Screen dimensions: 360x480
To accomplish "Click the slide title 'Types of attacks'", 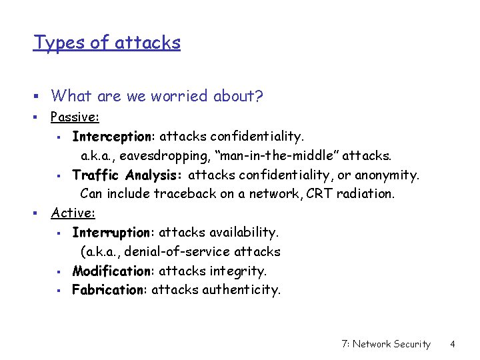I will [107, 43].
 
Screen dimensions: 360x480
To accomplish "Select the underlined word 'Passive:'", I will [75, 117].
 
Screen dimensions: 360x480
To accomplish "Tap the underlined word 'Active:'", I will [73, 213].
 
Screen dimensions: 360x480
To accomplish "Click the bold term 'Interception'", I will [111, 137].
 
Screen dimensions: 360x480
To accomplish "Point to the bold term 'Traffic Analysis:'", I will [129, 175].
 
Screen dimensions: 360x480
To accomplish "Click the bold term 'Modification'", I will [112, 271].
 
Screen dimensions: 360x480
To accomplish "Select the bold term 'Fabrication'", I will [109, 290].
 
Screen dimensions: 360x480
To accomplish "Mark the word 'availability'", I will [244, 233].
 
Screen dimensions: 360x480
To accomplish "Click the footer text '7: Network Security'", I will [385, 344].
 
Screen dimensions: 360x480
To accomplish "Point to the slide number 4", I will [452, 344].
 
